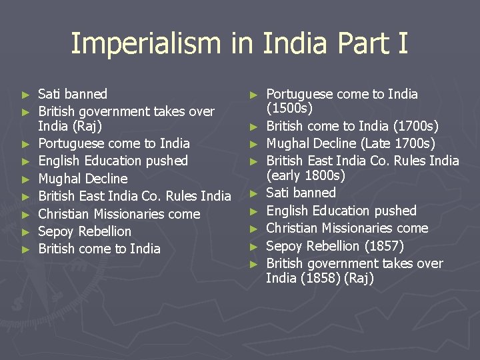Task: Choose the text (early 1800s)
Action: pos(305,176)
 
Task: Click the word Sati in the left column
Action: pos(50,94)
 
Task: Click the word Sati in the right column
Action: pos(278,193)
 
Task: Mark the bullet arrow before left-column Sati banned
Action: pos(26,95)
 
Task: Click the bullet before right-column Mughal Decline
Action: pos(253,144)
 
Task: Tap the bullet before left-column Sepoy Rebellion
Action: pos(26,232)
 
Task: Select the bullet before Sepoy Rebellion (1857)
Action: pos(253,246)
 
